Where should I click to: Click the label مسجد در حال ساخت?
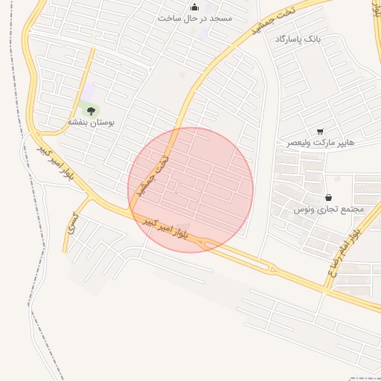tap(195, 18)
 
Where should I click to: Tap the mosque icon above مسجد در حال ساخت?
tap(195, 7)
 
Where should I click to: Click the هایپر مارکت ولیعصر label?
tap(321, 141)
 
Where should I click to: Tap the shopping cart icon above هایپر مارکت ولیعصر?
tap(320, 131)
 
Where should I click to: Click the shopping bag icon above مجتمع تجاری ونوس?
tap(329, 198)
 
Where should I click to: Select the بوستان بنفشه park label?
tap(92, 121)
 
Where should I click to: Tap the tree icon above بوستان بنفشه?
tap(93, 110)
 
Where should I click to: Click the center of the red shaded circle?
tap(190, 190)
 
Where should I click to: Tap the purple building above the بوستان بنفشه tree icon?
tap(89, 91)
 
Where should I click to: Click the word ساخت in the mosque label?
tap(169, 18)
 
